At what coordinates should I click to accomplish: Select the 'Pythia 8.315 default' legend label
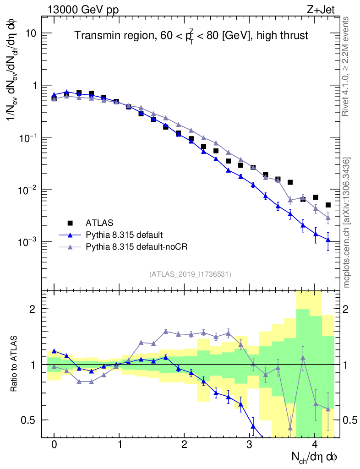[124, 235]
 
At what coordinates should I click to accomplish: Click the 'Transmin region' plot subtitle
[191, 35]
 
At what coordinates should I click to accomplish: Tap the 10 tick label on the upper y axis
[32, 34]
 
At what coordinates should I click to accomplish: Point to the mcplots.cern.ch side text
[346, 222]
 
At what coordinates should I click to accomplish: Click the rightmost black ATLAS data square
[328, 205]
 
